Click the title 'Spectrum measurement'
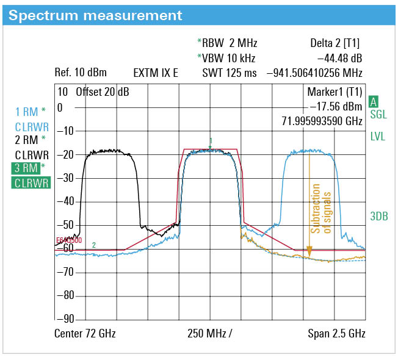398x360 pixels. tap(95, 15)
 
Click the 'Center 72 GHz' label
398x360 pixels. tap(85, 334)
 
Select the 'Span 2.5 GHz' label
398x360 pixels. tap(336, 334)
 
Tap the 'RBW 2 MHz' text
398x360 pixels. tap(229, 43)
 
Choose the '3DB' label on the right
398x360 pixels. tap(379, 216)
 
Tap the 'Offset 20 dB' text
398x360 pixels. tap(102, 93)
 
